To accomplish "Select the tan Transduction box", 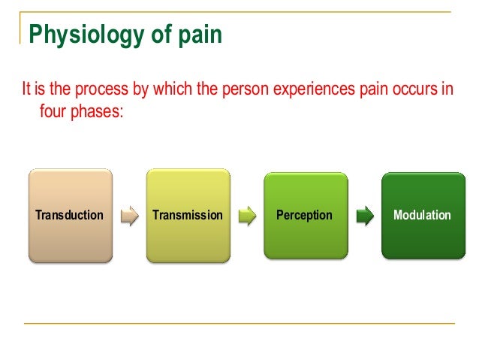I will tap(70, 216).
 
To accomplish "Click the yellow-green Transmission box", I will tap(188, 216).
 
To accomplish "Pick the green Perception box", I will tap(305, 216).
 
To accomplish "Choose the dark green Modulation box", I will tap(423, 216).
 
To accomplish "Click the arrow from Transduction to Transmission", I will tap(129, 216).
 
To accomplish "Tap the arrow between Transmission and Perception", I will tap(246, 216).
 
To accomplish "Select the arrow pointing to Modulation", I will tap(364, 216).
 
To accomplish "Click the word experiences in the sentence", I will tap(305, 92).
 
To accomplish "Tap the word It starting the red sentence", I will tap(26, 92).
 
